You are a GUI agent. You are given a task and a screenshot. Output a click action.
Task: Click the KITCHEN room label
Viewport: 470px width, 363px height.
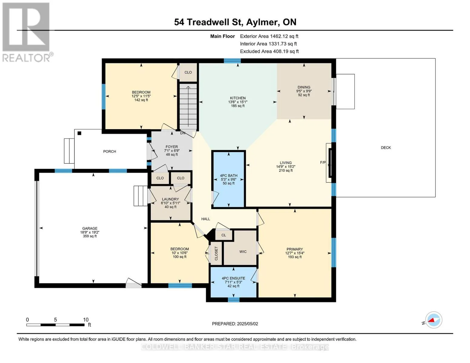238,98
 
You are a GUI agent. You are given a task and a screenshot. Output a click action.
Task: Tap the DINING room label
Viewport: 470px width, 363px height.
304,87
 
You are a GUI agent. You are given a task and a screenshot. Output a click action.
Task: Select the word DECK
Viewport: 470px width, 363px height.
386,148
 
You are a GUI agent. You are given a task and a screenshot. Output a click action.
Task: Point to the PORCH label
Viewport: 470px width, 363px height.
110,152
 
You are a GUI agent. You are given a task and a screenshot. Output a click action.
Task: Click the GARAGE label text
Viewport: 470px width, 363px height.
90,228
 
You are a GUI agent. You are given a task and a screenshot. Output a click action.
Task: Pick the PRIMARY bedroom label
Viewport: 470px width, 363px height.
295,249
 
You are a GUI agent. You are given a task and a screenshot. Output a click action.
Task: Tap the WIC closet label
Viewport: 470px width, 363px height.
243,252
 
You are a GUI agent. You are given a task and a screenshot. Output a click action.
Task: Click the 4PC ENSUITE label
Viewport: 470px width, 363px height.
233,278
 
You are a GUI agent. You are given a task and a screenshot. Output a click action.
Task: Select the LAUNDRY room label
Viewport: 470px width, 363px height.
170,199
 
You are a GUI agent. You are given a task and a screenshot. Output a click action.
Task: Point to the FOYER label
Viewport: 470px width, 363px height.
172,147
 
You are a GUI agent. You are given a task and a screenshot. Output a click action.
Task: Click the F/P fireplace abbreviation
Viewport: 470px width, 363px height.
323,162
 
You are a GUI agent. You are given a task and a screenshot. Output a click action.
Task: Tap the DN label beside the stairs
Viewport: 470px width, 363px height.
183,133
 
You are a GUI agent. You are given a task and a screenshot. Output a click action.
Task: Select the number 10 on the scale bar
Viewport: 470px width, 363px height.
86,320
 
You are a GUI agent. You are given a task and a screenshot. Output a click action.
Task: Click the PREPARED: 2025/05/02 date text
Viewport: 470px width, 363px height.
235,324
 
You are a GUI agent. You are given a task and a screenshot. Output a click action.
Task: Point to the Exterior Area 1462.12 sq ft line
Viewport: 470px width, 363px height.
269,36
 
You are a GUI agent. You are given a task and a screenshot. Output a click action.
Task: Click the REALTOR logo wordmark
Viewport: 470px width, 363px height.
26,58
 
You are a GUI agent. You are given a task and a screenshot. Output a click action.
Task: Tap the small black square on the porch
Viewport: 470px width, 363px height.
79,133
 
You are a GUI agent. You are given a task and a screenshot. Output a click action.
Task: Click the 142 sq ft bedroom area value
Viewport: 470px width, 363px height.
141,100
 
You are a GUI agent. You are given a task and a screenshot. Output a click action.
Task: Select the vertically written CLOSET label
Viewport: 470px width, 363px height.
216,253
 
